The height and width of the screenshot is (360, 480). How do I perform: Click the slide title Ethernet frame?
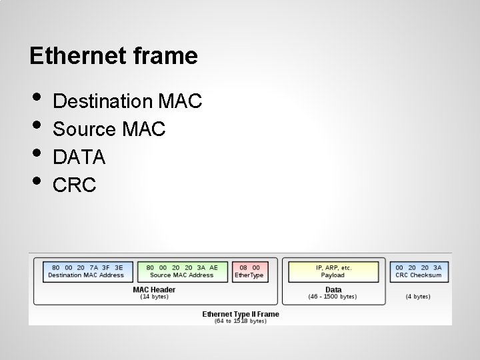113,56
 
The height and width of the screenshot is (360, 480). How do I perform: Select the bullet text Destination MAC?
127,101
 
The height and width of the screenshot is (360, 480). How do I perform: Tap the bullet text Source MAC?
109,129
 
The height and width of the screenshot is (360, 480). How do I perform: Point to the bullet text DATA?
79,157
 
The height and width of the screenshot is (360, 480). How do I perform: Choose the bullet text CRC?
74,185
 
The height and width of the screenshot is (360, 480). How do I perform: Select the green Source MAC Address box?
182,271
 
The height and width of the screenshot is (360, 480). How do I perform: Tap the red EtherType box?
249,271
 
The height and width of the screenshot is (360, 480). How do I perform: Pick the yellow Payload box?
333,271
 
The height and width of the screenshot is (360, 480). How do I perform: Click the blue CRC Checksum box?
418,271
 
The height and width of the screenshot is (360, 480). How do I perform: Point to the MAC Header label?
155,289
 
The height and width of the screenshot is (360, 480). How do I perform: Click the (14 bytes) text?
155,297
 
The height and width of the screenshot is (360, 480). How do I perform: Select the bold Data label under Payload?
333,289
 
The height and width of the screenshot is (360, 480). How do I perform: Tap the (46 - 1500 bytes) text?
333,297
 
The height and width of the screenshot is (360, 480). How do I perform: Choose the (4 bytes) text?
418,297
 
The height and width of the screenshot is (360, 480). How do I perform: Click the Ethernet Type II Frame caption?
241,314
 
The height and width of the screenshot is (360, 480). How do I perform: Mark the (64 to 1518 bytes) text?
241,321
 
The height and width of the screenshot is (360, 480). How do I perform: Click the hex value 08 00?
249,267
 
